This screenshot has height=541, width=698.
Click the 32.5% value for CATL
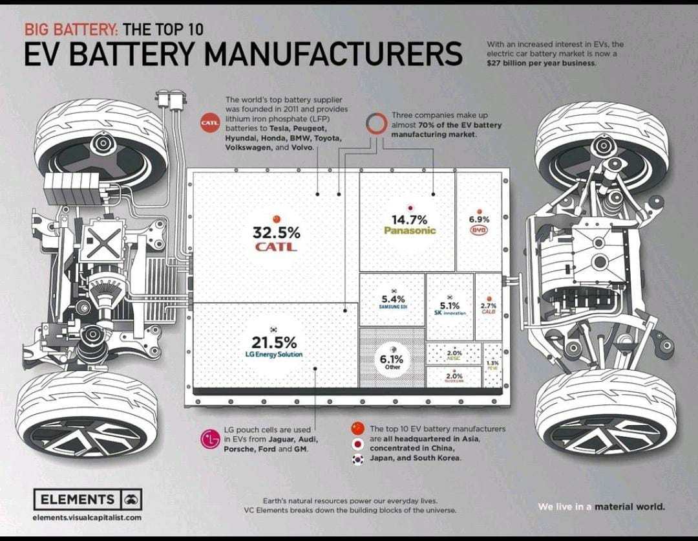276,232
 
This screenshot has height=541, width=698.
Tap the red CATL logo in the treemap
276,247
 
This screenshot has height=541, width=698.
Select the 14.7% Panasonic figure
410,220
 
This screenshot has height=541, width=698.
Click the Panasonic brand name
410,230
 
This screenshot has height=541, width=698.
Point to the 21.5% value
274,342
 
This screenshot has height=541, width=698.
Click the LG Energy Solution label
274,354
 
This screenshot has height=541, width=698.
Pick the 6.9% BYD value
479,219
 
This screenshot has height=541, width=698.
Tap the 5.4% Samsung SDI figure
392,299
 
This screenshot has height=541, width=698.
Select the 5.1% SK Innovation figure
450,305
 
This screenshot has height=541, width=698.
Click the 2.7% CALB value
489,305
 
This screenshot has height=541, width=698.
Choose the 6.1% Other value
392,359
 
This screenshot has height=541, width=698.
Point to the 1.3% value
492,363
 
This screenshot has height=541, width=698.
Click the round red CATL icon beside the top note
210,122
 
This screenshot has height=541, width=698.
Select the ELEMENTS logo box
88,500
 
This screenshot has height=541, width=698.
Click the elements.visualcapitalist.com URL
87,518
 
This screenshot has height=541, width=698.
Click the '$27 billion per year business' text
542,63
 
